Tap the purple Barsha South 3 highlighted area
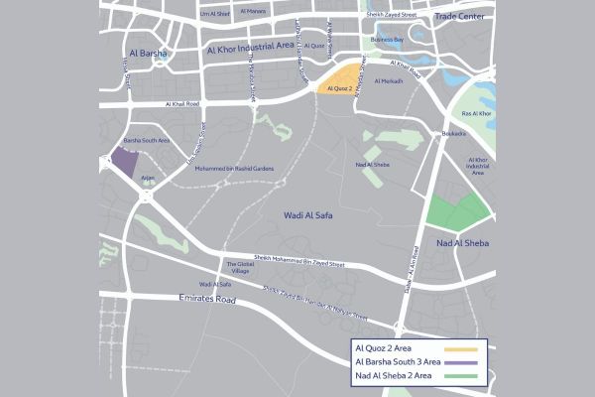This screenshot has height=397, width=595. pos(124,162)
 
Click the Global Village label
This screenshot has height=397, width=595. pos(242,268)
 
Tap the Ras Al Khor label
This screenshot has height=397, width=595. pos(477,115)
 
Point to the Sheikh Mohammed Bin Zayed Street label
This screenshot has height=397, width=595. pos(298,264)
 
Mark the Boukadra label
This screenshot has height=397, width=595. pos(454,134)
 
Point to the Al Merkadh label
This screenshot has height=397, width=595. pos(389,80)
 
